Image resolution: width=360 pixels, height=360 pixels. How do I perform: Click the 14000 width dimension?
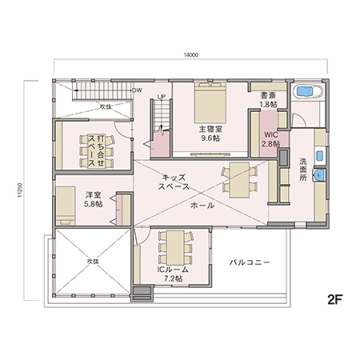tap(190, 54)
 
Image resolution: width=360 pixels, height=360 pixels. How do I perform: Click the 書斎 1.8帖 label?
tap(268, 99)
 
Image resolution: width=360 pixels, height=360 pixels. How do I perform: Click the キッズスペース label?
tap(174, 181)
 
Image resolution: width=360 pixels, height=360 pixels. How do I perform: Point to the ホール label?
tap(202, 205)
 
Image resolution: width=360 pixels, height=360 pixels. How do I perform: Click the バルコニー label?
tap(249, 262)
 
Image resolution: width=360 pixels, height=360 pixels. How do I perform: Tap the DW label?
tap(137, 90)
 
